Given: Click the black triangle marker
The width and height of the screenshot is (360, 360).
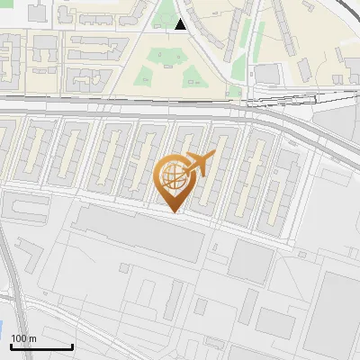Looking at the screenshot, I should point(181,25).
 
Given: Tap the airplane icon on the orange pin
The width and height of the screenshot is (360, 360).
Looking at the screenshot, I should point(199,164).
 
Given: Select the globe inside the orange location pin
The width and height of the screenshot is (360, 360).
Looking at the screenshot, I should point(175,176).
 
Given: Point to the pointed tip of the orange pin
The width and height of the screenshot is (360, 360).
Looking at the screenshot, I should point(175,212).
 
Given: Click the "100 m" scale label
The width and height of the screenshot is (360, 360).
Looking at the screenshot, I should point(23,338).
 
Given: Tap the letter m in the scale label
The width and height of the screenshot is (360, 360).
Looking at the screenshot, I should point(31,338).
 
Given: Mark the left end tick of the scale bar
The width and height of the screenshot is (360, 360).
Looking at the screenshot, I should point(11,346).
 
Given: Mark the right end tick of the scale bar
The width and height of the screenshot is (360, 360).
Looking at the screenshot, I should point(72,346).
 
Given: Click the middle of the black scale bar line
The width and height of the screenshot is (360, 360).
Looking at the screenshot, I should point(41,347).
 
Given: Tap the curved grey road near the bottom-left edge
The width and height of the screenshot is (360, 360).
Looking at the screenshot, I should point(11,270).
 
